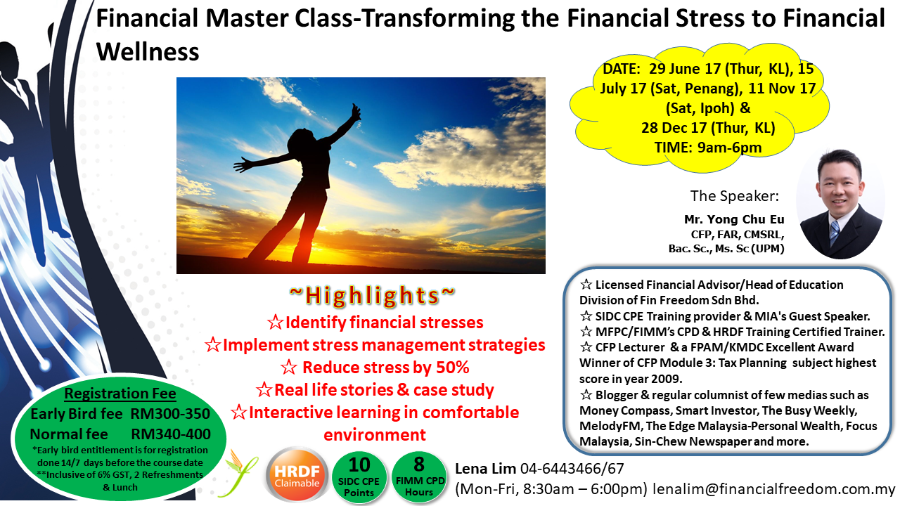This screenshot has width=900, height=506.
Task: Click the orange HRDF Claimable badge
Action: [x=297, y=475]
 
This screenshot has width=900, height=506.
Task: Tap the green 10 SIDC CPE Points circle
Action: [x=359, y=477]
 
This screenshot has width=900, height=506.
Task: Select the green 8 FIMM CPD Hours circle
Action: [x=419, y=476]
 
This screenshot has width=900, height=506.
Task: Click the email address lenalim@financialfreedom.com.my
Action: [x=774, y=488]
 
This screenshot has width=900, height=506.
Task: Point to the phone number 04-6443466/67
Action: [x=572, y=468]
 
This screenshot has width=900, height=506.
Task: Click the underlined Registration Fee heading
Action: [x=120, y=393]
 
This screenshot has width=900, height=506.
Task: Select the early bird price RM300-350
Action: [x=170, y=414]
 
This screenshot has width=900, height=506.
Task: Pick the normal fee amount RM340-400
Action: [x=171, y=434]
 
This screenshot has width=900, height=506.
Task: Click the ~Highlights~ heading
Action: [x=373, y=295]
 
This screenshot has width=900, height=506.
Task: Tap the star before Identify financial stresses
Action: [x=276, y=323]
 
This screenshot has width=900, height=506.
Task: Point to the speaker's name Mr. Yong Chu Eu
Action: [x=734, y=219]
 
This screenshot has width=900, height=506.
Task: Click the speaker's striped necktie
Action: [x=835, y=233]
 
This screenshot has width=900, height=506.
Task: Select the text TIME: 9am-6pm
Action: [x=708, y=148]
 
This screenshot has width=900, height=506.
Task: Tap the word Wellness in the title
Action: [x=148, y=52]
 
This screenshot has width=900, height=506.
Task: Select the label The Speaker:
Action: [x=735, y=196]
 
